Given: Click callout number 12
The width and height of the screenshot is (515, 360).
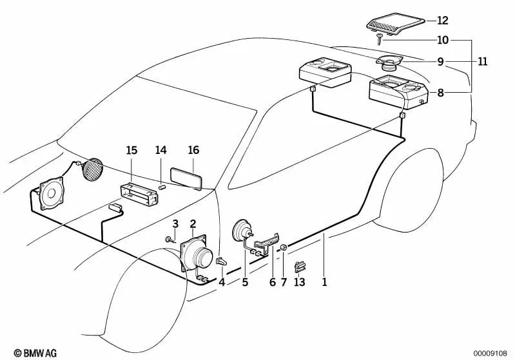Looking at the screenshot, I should coord(442,20).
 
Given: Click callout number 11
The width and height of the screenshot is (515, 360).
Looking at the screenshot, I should coord(483,62).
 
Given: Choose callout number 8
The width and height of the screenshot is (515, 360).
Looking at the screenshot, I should coord(441,93).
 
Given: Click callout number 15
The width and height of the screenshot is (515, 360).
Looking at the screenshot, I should coord(131,151).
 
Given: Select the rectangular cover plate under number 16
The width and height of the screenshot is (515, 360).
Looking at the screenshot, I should coord(186,178).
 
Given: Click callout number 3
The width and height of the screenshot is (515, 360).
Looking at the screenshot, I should coord(175,223).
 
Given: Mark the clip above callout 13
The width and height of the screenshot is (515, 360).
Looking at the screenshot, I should coord(300,266).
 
